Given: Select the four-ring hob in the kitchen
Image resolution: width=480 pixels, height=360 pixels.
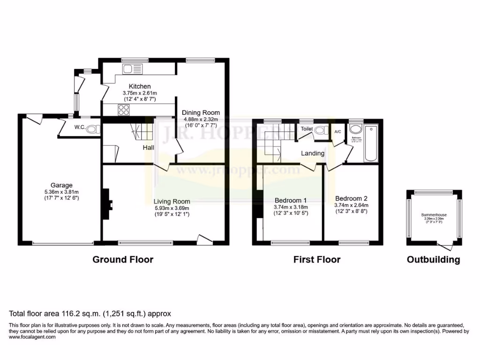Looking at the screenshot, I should pos(124,110).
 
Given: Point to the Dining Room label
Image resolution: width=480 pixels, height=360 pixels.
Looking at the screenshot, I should pos(201,112).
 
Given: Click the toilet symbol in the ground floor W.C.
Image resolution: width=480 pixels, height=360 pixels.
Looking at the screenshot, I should pos(92,129).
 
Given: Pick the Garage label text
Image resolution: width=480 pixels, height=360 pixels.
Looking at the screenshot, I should pos(62,185).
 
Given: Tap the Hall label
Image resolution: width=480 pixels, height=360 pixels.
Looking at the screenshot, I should pos(149,147).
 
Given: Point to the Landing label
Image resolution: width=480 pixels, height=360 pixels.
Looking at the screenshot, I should pos(313,153).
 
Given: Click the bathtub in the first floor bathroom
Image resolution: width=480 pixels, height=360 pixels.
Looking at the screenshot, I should pos(371,143).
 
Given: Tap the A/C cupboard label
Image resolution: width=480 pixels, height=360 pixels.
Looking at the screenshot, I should pos(337,132).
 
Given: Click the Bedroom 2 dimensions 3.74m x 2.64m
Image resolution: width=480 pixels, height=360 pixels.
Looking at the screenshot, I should pos(351,205).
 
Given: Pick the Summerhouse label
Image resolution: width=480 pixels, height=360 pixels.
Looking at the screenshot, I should pos(434,215).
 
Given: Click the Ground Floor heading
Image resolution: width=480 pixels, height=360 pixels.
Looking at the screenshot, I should pos(123,259).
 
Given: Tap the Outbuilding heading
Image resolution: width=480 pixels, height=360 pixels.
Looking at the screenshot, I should pos(433,259).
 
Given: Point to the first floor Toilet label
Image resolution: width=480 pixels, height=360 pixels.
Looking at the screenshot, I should pos(307,128).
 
